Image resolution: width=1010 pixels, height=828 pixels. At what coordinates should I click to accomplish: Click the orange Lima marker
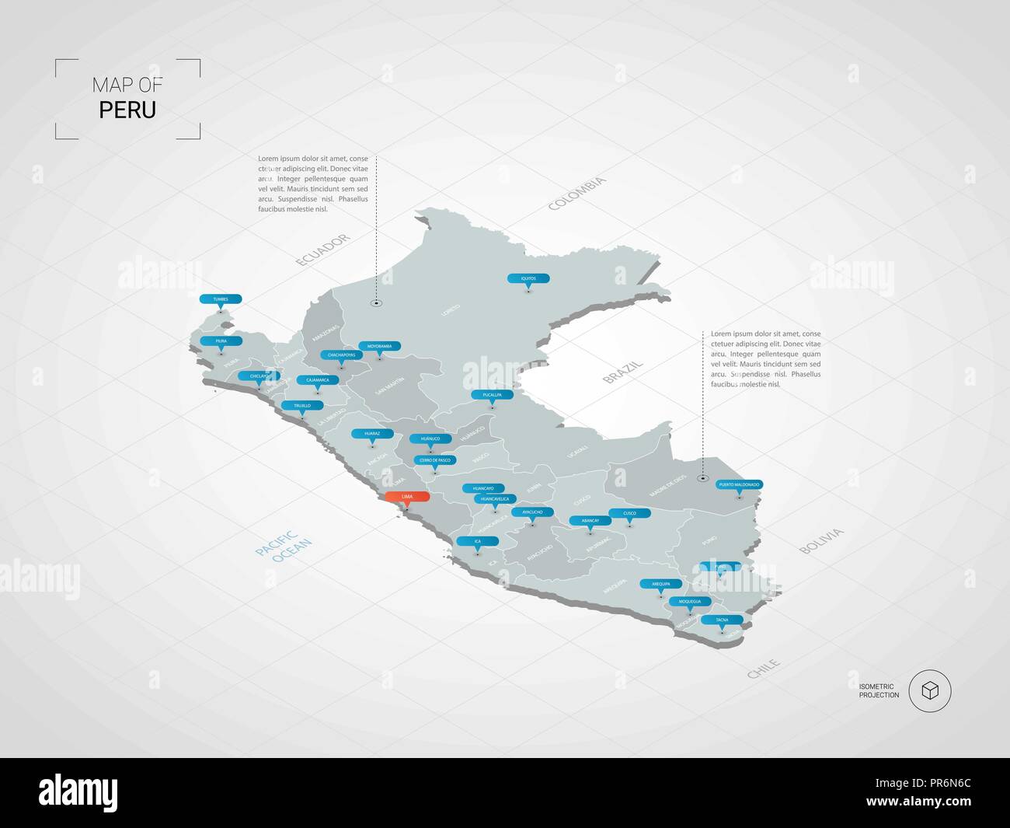coord(407,496)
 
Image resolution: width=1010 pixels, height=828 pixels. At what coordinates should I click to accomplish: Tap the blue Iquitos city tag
coord(528,278)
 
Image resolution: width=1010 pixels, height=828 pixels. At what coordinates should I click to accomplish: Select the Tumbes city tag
coord(221,299)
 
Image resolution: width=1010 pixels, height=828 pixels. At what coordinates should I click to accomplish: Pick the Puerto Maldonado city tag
coord(739,484)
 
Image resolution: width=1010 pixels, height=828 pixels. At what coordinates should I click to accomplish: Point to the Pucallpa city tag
coord(492,395)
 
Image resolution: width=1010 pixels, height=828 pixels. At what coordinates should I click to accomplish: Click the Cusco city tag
coord(629,513)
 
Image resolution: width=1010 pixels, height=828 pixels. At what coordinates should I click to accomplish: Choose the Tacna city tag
coord(722,620)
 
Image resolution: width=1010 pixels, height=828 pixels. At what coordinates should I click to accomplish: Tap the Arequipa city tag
coord(660,583)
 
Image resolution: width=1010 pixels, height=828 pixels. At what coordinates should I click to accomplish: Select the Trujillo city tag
coord(302,406)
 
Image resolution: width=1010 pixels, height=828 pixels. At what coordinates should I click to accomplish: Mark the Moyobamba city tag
coord(379,346)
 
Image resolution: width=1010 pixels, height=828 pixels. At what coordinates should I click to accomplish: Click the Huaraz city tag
coord(372,433)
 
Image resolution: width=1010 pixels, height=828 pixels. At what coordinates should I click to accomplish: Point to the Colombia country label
coord(577,194)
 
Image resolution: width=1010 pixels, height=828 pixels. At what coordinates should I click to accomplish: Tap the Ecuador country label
coord(323,250)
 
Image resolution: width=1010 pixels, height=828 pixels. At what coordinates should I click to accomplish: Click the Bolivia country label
coord(821,541)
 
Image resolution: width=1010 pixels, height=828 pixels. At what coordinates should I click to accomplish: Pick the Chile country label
coord(764,669)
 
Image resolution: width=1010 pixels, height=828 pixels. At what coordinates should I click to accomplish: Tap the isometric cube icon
coord(929,690)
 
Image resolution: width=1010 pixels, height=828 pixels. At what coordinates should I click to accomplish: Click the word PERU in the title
coord(127,110)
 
